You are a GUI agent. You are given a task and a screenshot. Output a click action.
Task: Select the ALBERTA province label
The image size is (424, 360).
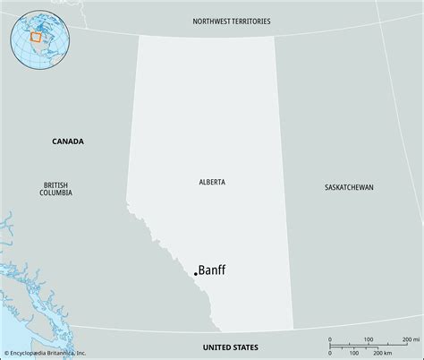click(212, 182)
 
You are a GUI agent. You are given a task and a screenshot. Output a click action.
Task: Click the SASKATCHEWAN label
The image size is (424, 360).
click(349, 187)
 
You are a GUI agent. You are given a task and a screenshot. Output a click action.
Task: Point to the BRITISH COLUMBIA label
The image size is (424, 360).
click(55, 188)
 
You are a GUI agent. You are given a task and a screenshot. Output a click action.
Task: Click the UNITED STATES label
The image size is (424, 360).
click(231, 347)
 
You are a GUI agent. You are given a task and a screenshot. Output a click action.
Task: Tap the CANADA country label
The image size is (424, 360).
click(68, 141)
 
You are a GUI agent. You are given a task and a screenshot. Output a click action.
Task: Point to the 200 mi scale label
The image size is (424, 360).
click(410, 340)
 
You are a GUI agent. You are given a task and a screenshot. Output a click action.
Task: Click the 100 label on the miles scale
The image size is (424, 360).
click(368, 340)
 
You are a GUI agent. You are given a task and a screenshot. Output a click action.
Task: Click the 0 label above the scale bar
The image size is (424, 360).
click(329, 340)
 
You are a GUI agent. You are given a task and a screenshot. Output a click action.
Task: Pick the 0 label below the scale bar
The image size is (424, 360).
click(329, 353)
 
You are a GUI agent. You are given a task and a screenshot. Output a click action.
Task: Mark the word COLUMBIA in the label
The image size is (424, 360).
click(55, 193)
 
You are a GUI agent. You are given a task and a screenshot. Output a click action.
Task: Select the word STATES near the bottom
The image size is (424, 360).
click(244, 347)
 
